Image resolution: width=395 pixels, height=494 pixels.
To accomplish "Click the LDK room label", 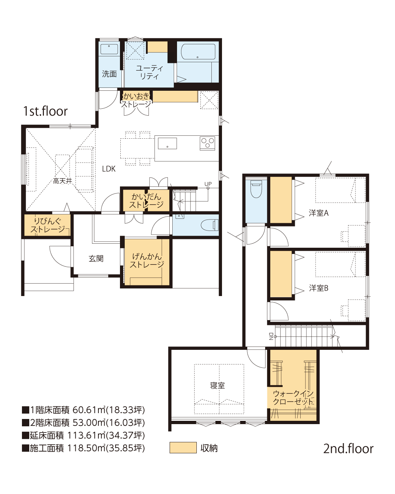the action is coord(109,169).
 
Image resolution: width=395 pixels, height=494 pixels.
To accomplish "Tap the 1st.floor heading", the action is coord(45,111).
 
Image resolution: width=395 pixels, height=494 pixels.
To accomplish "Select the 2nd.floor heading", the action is coord(348,449).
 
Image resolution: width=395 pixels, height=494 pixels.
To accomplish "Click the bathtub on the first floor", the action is coord(198,52).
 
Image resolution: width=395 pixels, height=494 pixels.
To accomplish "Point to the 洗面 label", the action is coord(109,74).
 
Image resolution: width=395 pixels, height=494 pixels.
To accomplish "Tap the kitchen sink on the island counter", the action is coord(167,143).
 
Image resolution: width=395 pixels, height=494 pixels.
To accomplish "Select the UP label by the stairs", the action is coord(208,184).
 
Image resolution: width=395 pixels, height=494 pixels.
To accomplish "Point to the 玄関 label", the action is coord(96,259).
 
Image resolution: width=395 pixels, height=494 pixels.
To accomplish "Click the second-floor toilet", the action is coord(256,189).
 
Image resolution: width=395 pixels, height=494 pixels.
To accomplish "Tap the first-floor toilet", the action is coord(209,225).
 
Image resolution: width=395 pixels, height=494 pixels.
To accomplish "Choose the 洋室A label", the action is coord(319,213).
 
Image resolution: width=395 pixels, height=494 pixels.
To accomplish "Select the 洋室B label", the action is coord(319,288).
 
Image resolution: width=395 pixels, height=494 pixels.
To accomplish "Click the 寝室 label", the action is coord(217,385).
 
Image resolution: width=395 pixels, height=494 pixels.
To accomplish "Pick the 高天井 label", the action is coord(63,181).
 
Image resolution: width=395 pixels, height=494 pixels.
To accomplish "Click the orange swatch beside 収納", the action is coord(183,448).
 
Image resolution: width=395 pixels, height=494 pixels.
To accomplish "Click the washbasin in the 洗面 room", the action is coord(109,49).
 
